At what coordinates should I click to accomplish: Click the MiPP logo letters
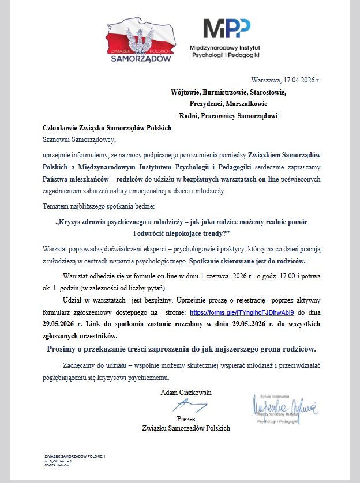227,29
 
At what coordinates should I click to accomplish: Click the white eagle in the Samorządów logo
140,39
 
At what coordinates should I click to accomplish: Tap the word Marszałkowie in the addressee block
245,104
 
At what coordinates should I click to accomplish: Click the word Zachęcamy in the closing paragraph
79,366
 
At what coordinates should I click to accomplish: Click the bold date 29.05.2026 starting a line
61,324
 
